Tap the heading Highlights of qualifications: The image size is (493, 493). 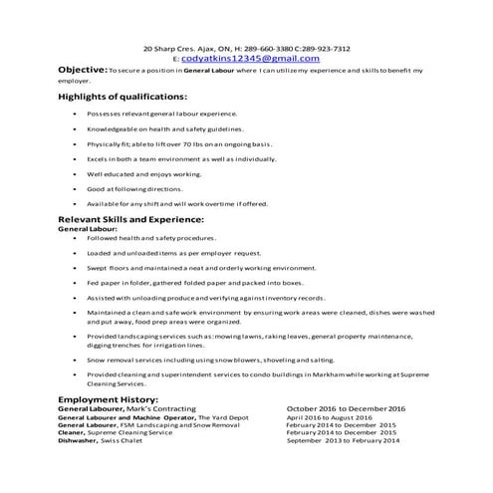(123, 97)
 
